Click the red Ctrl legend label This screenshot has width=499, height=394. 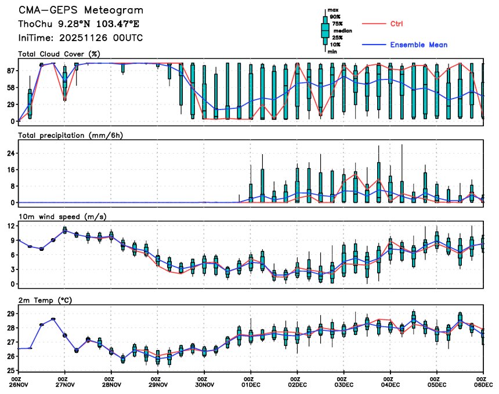point(397,23)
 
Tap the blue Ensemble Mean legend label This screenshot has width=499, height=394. point(418,45)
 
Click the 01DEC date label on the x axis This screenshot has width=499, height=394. point(251,385)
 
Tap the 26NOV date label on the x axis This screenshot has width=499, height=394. point(19,385)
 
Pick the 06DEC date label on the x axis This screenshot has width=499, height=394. point(482,385)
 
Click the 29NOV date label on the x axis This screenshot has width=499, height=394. point(158,385)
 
